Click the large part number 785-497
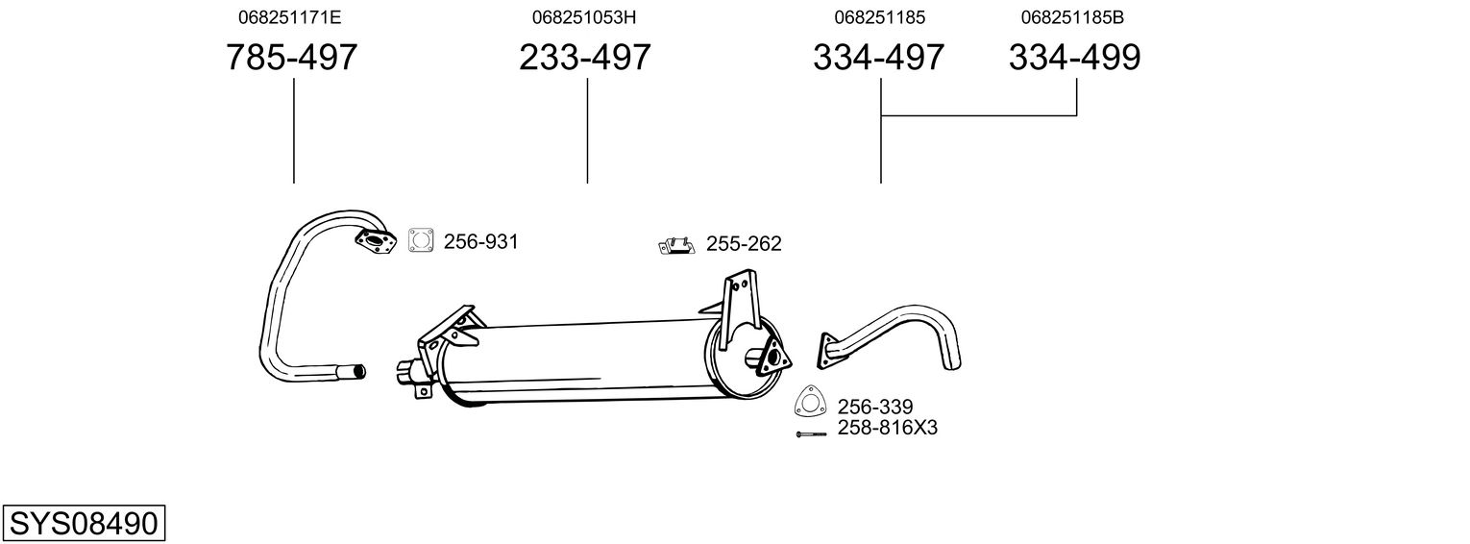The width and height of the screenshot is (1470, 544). click(291, 58)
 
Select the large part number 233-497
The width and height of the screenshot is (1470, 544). click(585, 58)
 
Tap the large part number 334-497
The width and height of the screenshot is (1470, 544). click(879, 58)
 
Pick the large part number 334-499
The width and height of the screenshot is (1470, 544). click(1075, 58)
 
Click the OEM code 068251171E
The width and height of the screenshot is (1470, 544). click(289, 17)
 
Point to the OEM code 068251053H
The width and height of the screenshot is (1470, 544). click(584, 17)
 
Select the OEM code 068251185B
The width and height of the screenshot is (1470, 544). click(1072, 17)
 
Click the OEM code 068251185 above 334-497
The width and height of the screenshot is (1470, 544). click(879, 17)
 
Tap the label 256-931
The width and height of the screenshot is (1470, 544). click(480, 242)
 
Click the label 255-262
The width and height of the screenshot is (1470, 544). click(744, 244)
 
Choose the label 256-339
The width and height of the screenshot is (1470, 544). click(874, 408)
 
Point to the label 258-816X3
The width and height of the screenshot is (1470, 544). click(887, 428)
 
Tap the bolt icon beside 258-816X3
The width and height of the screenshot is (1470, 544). click(811, 434)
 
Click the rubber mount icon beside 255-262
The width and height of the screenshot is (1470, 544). click(676, 246)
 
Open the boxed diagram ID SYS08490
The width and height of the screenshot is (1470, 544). click(83, 524)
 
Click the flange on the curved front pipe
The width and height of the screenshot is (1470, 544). click(376, 242)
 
